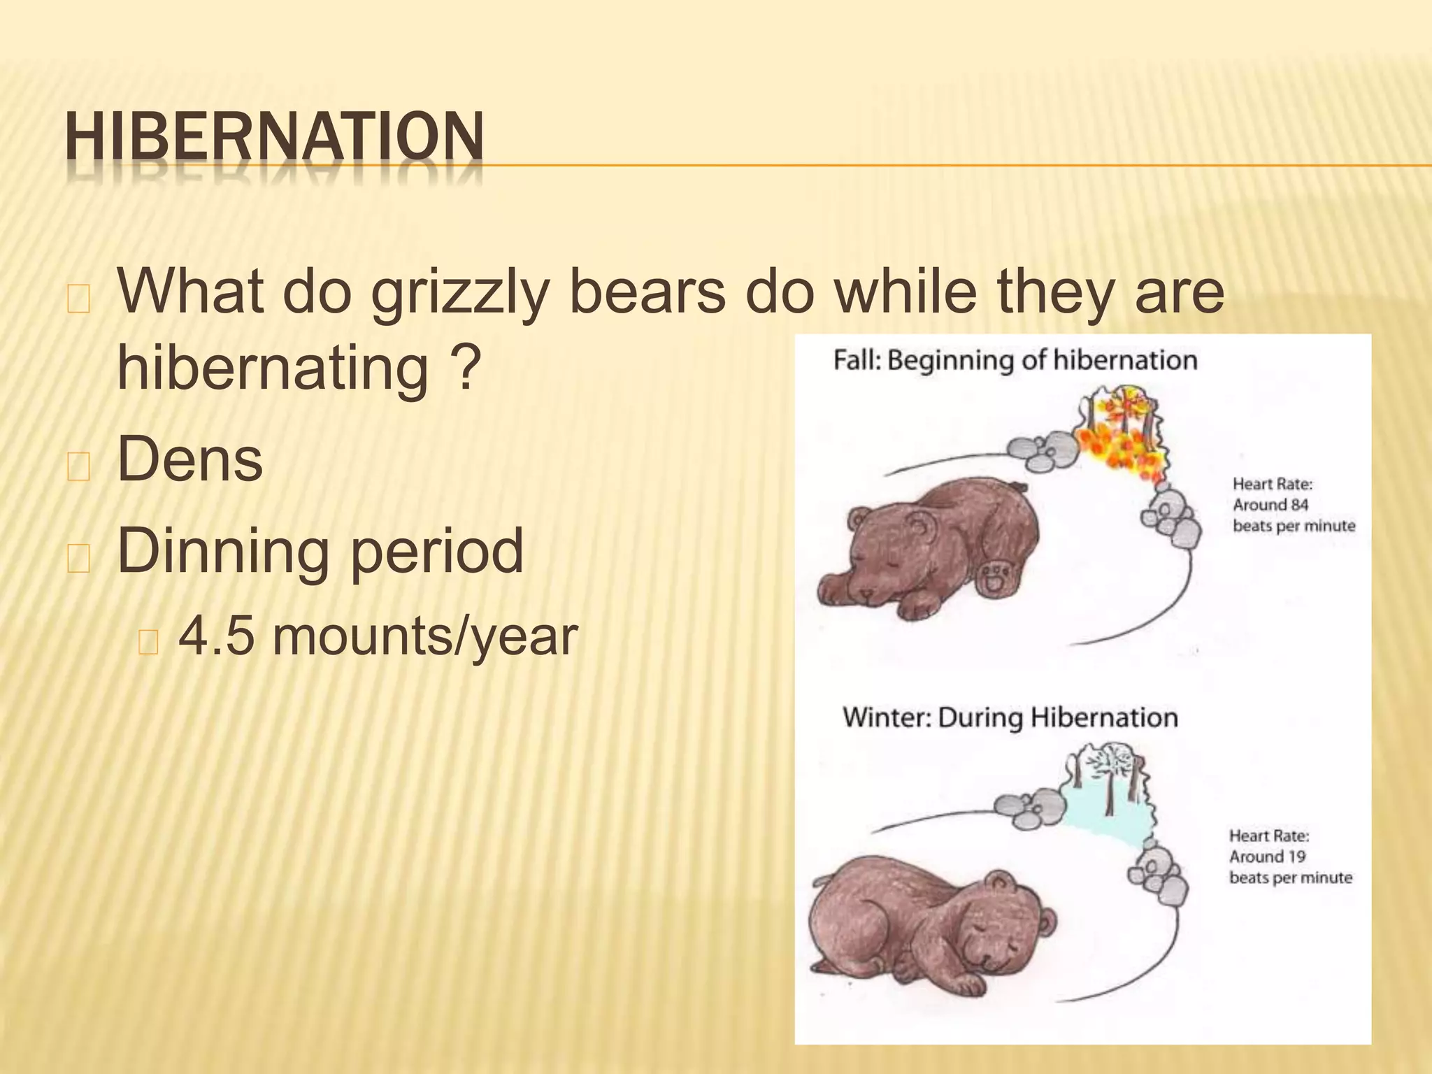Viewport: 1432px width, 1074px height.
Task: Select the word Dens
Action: tap(190, 459)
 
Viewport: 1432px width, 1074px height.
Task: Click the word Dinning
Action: tap(223, 552)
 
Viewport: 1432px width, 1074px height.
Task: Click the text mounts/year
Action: tap(425, 637)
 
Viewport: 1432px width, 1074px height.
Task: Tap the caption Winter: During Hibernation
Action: tap(1010, 718)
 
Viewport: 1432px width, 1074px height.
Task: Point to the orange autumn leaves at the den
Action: tap(1119, 441)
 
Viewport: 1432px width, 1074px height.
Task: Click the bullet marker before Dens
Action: tap(78, 467)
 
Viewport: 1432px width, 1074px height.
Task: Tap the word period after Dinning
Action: tap(437, 552)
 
